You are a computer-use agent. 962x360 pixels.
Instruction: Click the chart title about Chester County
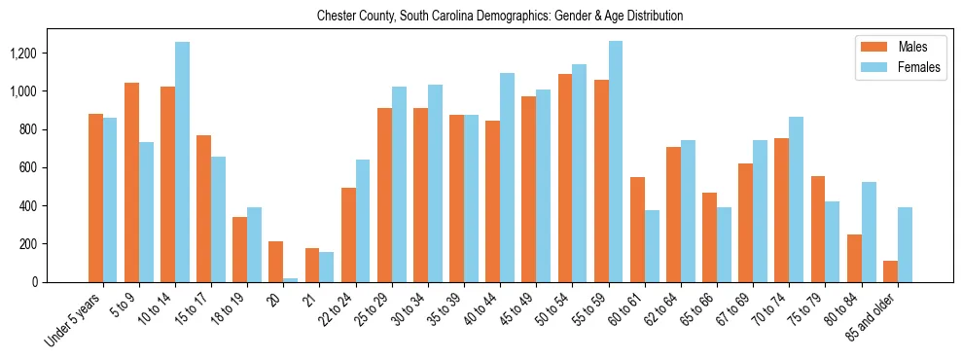coord(500,16)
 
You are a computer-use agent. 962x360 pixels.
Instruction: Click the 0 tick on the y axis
coord(60,282)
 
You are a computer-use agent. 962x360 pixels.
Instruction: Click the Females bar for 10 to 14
coord(182,162)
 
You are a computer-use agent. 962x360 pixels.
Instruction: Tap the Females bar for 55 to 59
coord(616,162)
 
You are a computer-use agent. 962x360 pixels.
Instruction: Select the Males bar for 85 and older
coord(890,271)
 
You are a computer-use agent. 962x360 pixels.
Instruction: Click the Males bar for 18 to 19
coord(240,249)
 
